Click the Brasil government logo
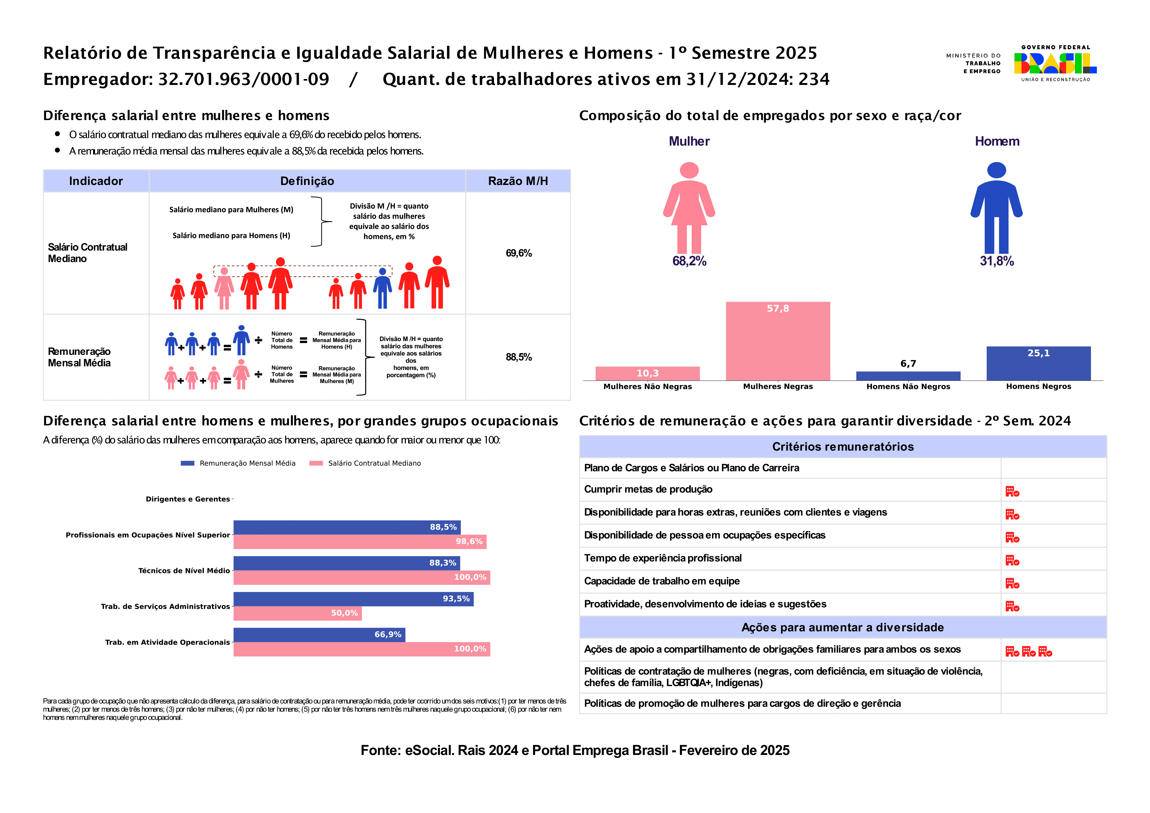[x=1055, y=63]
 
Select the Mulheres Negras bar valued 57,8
[x=778, y=341]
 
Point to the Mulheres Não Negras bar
[x=648, y=373]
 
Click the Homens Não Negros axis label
[x=908, y=386]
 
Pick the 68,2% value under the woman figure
[x=689, y=261]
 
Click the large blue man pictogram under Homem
[x=996, y=207]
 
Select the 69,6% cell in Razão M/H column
[x=518, y=253]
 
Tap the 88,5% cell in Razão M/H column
[x=518, y=357]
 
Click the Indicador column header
[x=96, y=181]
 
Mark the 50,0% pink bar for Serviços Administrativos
[x=298, y=613]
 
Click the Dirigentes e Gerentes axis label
[x=188, y=499]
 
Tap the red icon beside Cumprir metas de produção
[x=1012, y=491]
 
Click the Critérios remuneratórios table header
[x=843, y=446]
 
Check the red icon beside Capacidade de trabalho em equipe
[x=1012, y=583]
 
